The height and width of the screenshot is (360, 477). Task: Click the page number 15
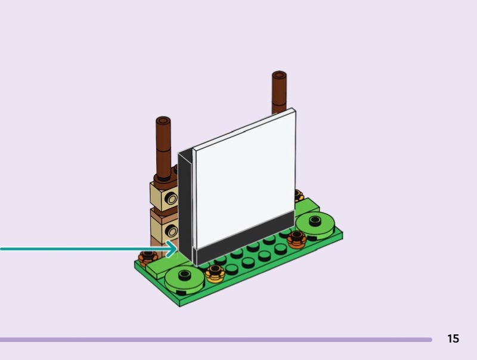coord(453,339)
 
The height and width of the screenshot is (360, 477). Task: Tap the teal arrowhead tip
coord(176,249)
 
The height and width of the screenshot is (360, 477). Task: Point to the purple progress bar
coord(216,340)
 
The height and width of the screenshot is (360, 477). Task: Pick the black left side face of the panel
coord(185,207)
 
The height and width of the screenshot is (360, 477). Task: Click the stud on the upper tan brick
coord(171,199)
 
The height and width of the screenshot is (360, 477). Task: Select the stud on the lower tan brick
coord(172,232)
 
